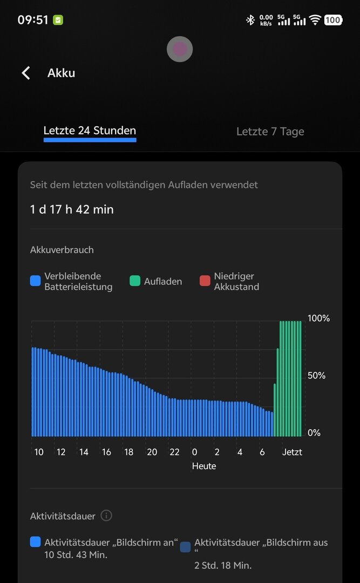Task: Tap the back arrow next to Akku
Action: (25, 73)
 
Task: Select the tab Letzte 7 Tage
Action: (270, 132)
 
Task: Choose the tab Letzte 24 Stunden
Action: (90, 131)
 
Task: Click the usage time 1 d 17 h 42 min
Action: (72, 209)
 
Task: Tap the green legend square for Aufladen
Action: (134, 281)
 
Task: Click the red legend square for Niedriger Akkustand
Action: (205, 281)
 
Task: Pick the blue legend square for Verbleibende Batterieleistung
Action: (36, 281)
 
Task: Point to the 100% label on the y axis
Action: (318, 318)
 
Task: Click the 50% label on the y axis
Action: (316, 376)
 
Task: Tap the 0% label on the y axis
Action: (314, 433)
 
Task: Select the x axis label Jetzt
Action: (292, 452)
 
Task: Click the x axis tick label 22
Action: (174, 452)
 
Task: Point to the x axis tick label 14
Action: (83, 452)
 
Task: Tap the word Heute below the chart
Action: (204, 466)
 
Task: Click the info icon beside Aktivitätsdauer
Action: (106, 516)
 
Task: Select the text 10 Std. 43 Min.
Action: (76, 555)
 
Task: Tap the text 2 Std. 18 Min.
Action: (223, 566)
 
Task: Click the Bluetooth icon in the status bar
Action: (250, 20)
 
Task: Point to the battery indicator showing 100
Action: (333, 20)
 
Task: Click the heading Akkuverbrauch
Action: (62, 250)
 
